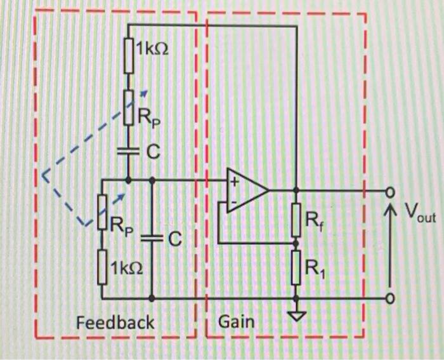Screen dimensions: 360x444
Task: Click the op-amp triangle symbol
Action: pos(248,189)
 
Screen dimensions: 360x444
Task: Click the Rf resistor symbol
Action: pos(296,219)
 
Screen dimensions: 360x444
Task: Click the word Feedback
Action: pos(115,323)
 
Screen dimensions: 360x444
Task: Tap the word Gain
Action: pos(236,322)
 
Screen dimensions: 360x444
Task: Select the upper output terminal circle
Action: pos(391,190)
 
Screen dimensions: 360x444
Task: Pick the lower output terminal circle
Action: pos(391,298)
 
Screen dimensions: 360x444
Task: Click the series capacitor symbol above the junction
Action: pos(128,151)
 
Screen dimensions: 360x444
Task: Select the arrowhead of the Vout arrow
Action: pos(391,207)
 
